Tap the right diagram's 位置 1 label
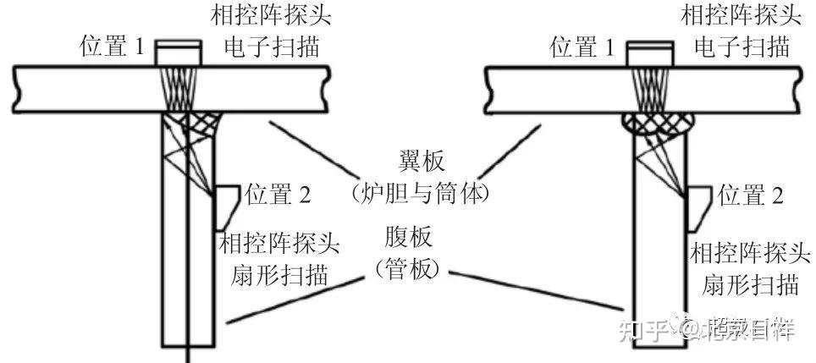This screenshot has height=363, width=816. (583, 47)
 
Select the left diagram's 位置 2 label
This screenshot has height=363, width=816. (278, 195)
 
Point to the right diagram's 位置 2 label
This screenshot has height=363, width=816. (751, 195)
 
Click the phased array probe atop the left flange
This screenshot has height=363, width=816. (178, 53)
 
